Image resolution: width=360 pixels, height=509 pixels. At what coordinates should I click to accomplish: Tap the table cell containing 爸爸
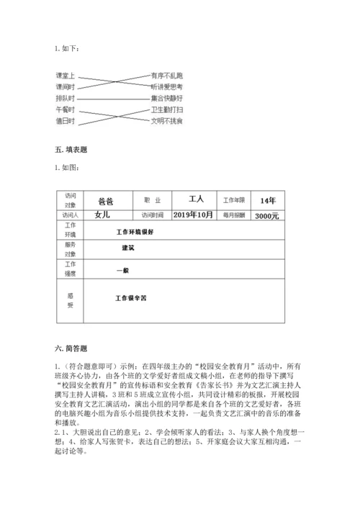tap(105, 202)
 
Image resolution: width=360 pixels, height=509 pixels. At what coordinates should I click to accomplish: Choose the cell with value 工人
tap(197, 199)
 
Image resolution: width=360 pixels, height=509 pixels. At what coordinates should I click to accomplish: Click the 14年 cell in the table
tap(267, 200)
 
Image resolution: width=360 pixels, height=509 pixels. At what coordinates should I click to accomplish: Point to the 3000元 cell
tap(267, 215)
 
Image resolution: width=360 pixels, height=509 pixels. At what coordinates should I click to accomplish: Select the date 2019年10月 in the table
tap(195, 215)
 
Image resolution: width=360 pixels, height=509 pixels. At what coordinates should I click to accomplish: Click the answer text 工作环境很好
tap(135, 233)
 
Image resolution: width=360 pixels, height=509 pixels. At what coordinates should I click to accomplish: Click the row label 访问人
tap(70, 215)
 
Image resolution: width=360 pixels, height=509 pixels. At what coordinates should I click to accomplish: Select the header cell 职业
tap(153, 201)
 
